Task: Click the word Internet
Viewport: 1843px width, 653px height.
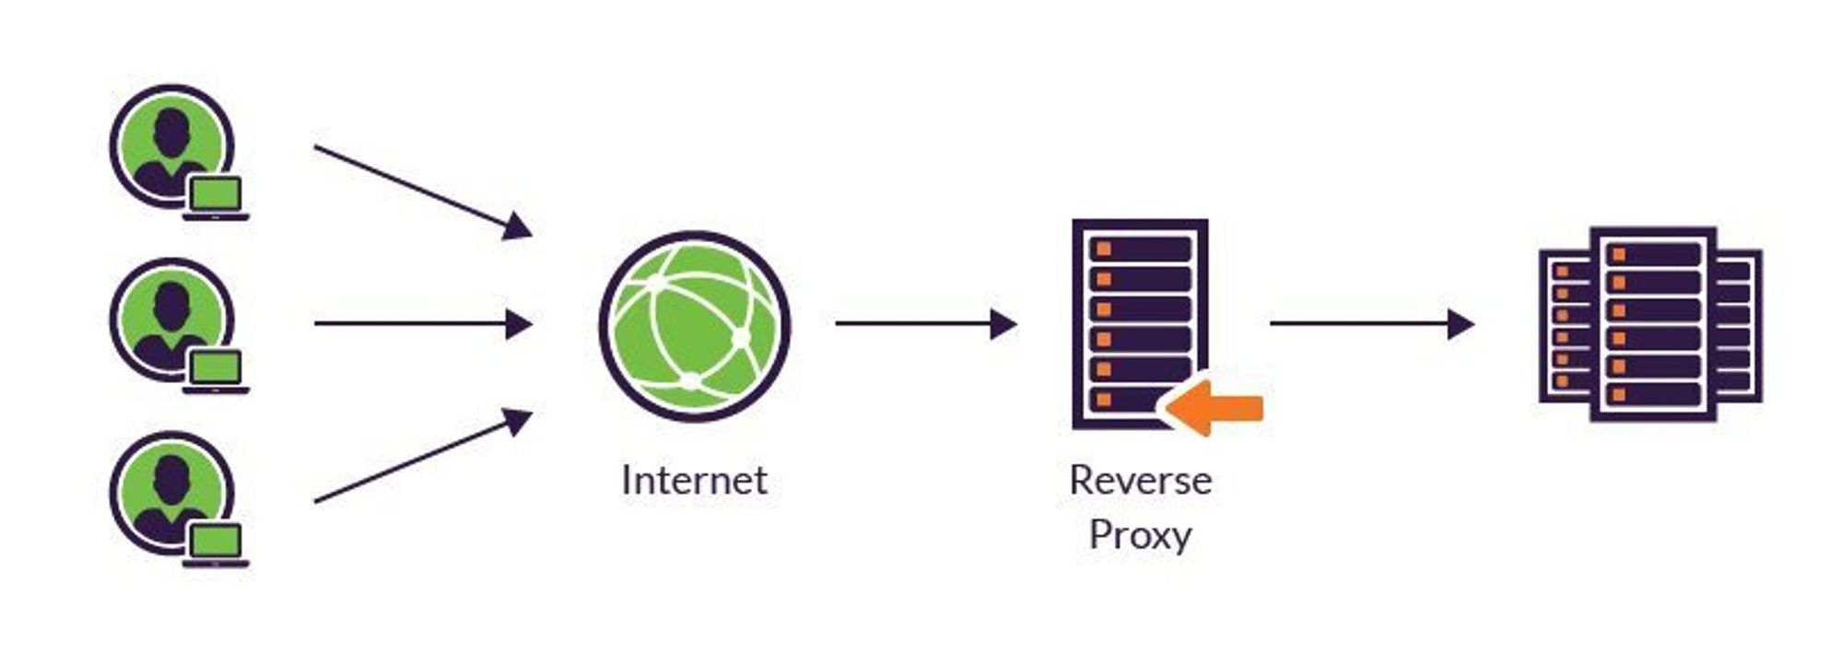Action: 694,480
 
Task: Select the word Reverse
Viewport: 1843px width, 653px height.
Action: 1140,480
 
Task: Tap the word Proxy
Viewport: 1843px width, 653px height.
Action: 1140,535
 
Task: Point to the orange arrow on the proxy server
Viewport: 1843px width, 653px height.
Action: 1215,407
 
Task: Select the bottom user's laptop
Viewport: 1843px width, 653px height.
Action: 216,543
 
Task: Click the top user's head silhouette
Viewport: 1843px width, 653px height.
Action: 171,132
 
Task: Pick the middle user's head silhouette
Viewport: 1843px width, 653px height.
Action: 171,305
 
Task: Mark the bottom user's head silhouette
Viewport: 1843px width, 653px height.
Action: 171,478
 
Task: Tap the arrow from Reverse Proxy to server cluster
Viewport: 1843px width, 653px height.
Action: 1370,324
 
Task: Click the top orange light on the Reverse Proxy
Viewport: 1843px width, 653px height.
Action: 1103,250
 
